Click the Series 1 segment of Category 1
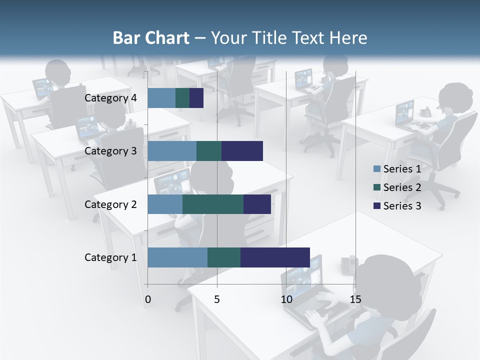[x=177, y=257]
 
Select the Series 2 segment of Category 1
[x=224, y=257]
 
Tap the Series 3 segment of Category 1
[x=275, y=257]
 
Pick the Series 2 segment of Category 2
[x=213, y=204]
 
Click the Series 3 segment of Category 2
[x=257, y=204]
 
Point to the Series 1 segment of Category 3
[x=172, y=151]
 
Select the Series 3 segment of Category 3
[x=242, y=151]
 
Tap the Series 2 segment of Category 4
[x=182, y=98]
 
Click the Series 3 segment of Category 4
[x=196, y=98]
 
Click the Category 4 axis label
[x=110, y=98]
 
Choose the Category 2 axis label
[x=110, y=204]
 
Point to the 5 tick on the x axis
[x=217, y=299]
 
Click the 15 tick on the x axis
[x=355, y=299]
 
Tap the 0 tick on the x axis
[x=148, y=299]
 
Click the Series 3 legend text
[x=402, y=206]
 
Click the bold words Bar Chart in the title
[x=151, y=38]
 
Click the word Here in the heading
[x=349, y=38]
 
